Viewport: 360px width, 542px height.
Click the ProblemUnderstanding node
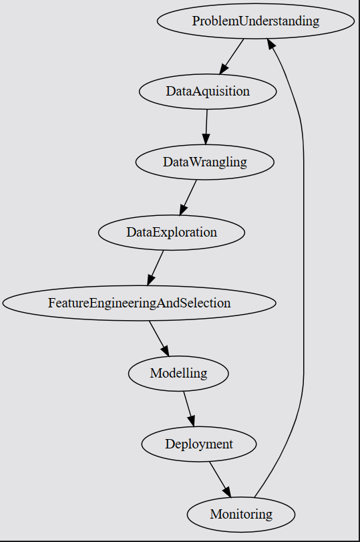pos(256,21)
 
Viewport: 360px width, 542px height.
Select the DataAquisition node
pos(208,92)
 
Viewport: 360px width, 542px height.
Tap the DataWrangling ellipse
pos(204,162)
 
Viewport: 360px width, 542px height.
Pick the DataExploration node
pos(172,233)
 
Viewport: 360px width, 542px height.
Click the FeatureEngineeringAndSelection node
pos(139,303)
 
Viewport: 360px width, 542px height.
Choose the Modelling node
pos(178,373)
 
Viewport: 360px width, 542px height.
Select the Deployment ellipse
pos(198,444)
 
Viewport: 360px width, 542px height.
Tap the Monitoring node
pos(241,514)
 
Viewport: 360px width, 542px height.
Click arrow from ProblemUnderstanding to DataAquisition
pos(232,56)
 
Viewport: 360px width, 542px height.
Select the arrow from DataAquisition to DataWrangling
pos(206,126)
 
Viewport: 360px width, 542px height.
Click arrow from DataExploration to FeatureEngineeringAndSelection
pos(156,267)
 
